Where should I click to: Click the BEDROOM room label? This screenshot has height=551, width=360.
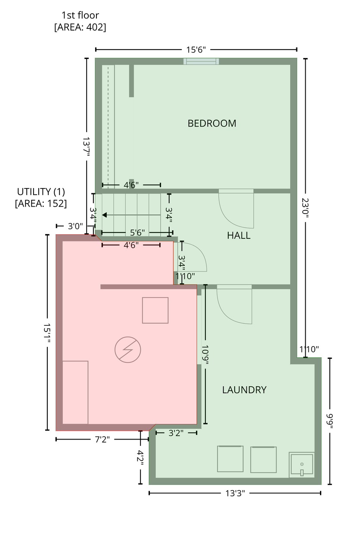coord(212,123)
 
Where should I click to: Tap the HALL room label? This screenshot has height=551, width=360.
coord(239,235)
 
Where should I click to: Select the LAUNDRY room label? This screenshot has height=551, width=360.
coord(244,390)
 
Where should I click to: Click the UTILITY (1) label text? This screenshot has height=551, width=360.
coord(41,192)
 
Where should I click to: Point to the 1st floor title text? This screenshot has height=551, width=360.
coord(80,15)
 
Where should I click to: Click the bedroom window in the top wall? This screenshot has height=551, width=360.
coord(201,61)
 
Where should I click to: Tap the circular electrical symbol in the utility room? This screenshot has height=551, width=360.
coord(128,350)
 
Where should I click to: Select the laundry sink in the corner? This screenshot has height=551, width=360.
coord(302,464)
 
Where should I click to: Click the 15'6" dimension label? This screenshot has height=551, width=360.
coord(196,50)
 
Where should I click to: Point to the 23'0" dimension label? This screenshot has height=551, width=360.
coord(305,208)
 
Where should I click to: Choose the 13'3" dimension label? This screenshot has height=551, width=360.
coord(235,493)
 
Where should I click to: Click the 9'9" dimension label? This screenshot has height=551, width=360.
coord(329,421)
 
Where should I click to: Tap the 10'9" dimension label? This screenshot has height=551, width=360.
coord(205,355)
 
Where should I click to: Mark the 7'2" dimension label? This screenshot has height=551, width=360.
coord(102,439)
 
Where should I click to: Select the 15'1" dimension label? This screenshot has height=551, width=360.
coord(47,333)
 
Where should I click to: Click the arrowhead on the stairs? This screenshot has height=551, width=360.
coord(104,215)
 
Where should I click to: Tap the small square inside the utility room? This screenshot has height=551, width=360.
coord(155,310)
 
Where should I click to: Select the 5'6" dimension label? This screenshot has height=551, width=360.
coord(137,232)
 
